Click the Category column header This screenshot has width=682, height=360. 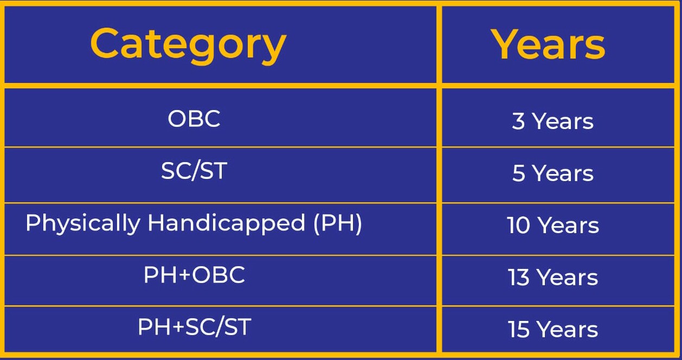(x=188, y=45)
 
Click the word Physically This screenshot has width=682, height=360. (x=83, y=224)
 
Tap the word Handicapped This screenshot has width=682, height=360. (x=226, y=224)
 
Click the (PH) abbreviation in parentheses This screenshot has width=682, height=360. (x=338, y=224)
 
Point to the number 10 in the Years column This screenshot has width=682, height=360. (x=518, y=226)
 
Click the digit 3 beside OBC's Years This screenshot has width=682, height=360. (x=518, y=121)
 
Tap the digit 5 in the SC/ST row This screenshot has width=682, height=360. (x=518, y=173)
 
